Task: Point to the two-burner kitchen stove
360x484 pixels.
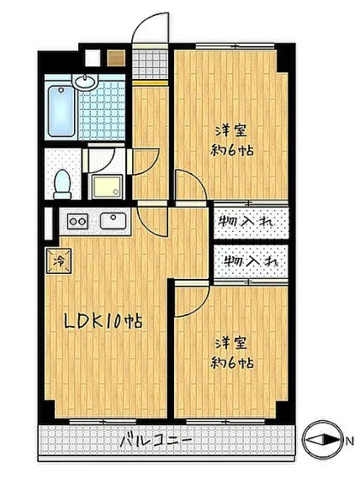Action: pos(77,222)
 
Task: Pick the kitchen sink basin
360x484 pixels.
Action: pos(112,221)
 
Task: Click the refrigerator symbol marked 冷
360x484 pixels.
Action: pos(60,260)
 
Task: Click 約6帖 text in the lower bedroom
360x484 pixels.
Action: pos(233,364)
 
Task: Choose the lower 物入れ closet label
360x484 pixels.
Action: pos(249,261)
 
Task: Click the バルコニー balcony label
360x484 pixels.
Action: pos(155,439)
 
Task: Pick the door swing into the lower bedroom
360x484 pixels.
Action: pos(192,298)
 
